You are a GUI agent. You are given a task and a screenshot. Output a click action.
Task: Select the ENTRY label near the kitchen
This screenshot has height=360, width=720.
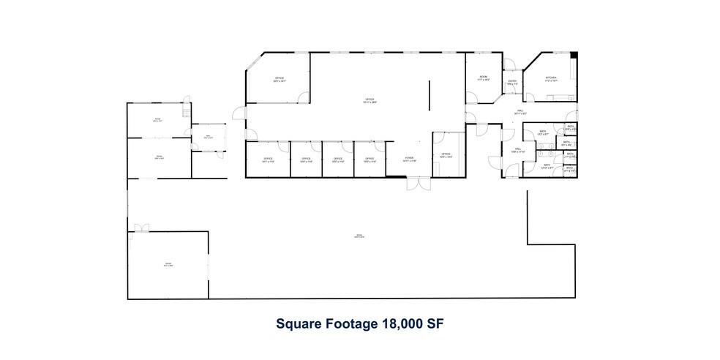pos(512,82)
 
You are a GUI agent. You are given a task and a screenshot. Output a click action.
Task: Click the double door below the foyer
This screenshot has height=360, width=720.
pos(419,184)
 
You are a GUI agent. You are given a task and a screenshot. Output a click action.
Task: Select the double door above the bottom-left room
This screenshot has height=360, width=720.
pos(139,228)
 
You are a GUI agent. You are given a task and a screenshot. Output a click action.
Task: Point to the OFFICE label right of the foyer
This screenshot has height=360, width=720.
pos(446,155)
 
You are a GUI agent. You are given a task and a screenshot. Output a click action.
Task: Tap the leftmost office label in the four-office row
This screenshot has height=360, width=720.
pos(267,160)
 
